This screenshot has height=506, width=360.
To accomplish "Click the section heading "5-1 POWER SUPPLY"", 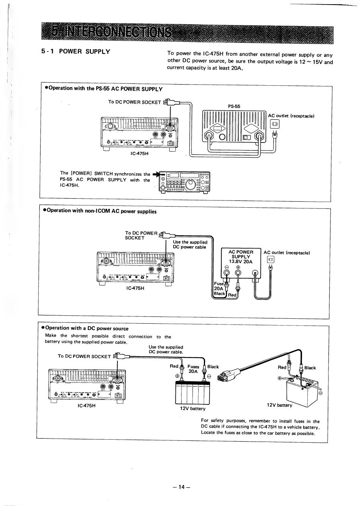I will coord(76,52).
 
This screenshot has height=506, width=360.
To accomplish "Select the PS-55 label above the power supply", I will coord(234,107).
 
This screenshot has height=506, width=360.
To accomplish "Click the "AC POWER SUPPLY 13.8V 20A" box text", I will coord(241,257).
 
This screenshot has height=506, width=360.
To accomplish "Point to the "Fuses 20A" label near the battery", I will coord(193,369).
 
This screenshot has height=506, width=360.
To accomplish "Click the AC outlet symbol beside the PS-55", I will coord(275,124).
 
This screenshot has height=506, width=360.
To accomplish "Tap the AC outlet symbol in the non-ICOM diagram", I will coord(270,260).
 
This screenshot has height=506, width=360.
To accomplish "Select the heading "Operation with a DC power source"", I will coord(87,329).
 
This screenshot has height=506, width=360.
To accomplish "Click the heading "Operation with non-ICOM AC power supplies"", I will coord(100,211).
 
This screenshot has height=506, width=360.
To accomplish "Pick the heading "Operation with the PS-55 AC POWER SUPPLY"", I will coord(103,89).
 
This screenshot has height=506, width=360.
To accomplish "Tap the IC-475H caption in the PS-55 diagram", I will coord(139,154).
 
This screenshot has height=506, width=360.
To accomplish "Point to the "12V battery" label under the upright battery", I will coord(193,409).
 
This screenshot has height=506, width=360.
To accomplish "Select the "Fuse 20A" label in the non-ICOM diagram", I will coord(219,286).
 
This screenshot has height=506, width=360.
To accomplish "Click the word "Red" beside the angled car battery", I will coord(282,367).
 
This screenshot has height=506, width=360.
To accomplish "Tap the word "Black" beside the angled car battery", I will coord(310,368).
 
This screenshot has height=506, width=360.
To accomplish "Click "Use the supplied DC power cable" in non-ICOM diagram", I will coord(190,244).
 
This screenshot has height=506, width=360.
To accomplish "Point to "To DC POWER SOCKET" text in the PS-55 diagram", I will coord(135,102).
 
